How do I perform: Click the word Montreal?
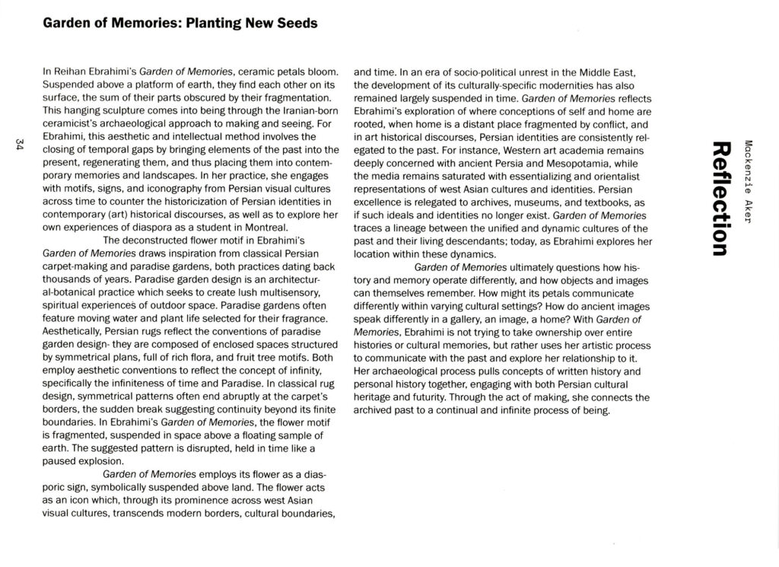point(262,227)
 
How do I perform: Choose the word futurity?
point(431,397)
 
